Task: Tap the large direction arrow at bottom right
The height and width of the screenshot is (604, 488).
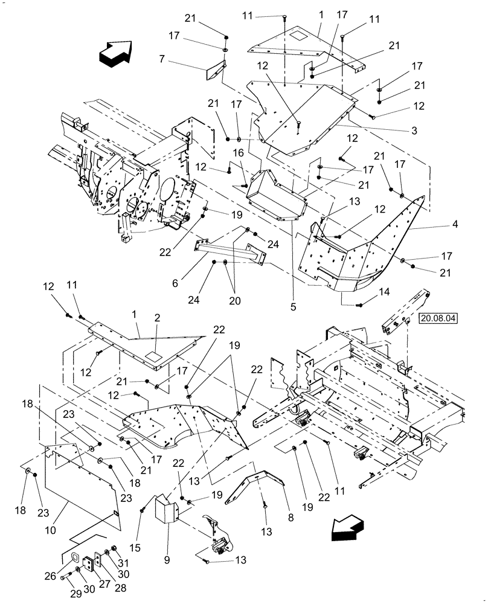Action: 348,528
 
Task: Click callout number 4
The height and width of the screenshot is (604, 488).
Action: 454,224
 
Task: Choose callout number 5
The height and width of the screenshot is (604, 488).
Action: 293,307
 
